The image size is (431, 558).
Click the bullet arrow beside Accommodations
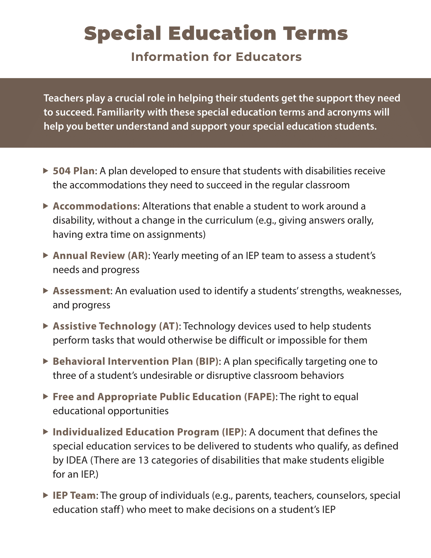click(45, 206)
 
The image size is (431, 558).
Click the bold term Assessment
click(81, 291)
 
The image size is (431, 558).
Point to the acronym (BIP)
click(207, 361)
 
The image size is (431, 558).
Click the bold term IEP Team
click(74, 495)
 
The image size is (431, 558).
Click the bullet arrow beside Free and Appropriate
click(45, 397)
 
